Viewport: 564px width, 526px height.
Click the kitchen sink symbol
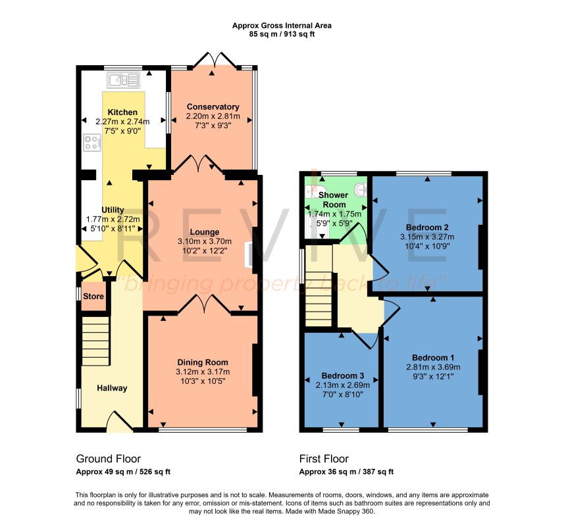click(x=123, y=80)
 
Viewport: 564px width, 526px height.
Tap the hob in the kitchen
click(x=92, y=142)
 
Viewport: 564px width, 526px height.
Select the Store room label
click(x=93, y=297)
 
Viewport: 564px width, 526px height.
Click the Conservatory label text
click(x=213, y=107)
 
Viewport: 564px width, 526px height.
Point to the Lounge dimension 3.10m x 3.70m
click(x=205, y=241)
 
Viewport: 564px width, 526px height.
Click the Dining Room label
click(x=203, y=362)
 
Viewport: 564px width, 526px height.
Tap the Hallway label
click(x=112, y=388)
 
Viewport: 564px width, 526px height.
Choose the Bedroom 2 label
click(x=427, y=227)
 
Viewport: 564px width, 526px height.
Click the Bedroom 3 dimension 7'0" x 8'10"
click(x=343, y=394)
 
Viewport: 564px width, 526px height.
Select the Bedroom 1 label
click(x=433, y=358)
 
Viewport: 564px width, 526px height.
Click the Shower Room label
click(x=334, y=200)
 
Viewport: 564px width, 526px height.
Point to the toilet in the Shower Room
click(x=315, y=191)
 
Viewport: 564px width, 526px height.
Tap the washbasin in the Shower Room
click(x=361, y=189)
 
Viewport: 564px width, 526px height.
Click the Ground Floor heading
click(x=109, y=459)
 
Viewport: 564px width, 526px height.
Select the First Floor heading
click(x=324, y=459)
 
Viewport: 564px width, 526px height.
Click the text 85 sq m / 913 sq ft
click(x=282, y=34)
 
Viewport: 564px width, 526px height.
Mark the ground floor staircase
click(x=95, y=341)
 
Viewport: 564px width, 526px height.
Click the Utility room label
click(x=113, y=210)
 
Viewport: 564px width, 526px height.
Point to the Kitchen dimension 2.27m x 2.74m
click(x=122, y=122)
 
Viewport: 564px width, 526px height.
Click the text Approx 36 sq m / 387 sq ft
click(x=346, y=472)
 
